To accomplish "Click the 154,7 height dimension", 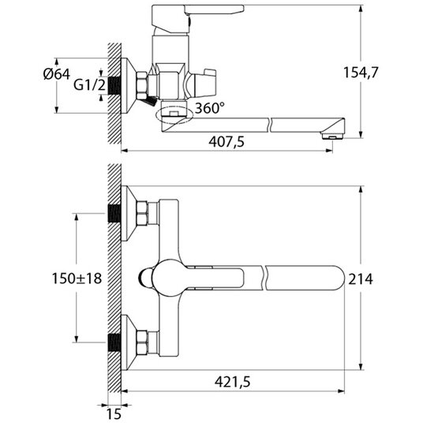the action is point(361,73).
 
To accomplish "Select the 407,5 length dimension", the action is point(226,141).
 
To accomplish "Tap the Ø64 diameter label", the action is point(57,74).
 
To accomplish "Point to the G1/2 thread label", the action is point(89,85).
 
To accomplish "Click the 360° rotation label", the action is point(210,108).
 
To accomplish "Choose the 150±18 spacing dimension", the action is point(77,279).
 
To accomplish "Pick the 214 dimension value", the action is point(361,279).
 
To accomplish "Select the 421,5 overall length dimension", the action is point(233,382).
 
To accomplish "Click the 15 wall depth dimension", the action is point(114,414).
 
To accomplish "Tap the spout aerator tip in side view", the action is point(332,135).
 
